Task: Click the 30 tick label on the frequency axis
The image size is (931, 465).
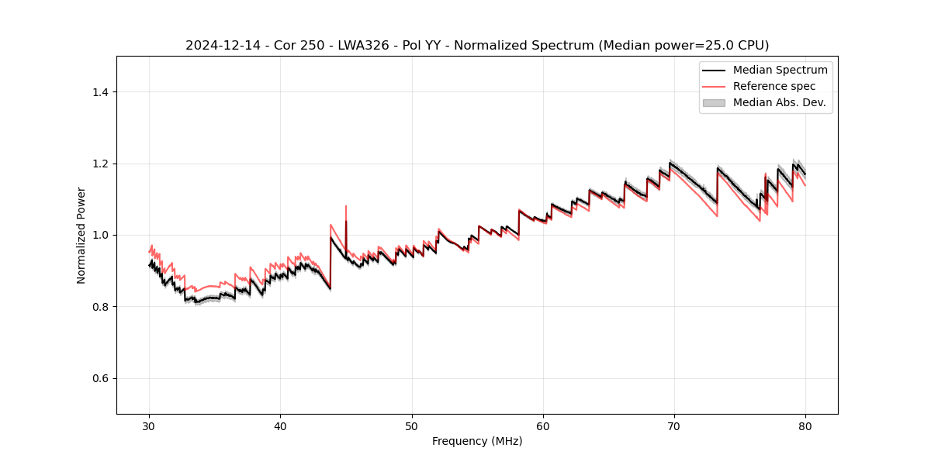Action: (150, 425)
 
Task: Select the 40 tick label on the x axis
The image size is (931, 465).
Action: (281, 425)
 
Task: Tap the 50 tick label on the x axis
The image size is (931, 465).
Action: (412, 425)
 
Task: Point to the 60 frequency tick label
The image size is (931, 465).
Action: (543, 425)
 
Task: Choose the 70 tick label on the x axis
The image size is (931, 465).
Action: (674, 425)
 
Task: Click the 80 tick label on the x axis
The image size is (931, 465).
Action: (805, 425)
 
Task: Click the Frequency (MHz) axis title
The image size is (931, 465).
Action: (477, 441)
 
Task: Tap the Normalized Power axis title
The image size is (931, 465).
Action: (81, 235)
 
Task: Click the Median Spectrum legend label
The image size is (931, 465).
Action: (780, 70)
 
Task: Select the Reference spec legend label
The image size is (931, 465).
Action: (774, 86)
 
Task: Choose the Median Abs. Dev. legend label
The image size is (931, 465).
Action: (780, 102)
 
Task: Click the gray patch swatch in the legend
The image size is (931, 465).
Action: (714, 102)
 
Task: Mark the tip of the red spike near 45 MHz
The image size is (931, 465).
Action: (346, 206)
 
